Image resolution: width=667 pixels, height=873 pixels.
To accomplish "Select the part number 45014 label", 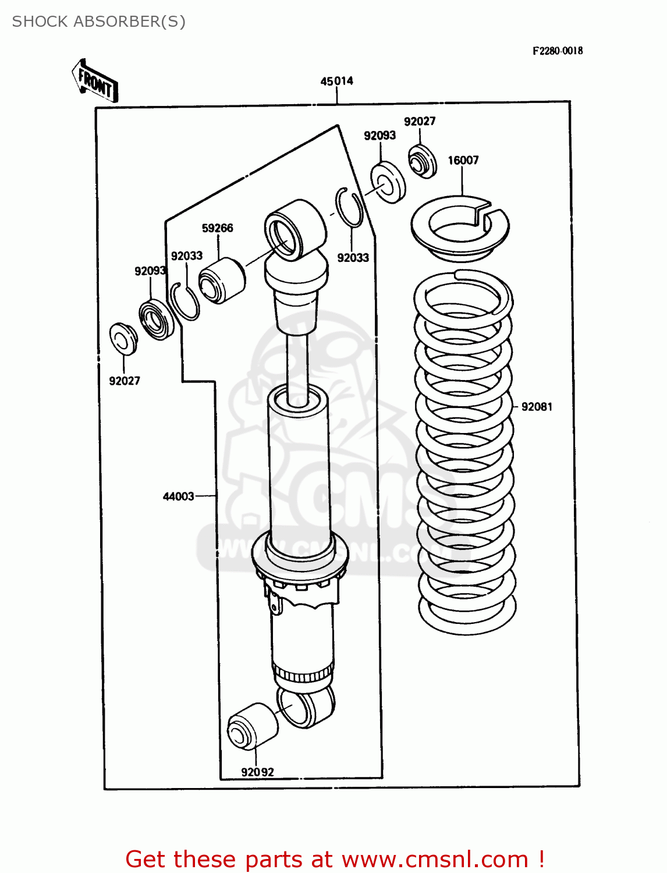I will pyautogui.click(x=336, y=81).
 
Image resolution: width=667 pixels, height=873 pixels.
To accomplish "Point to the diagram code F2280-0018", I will pyautogui.click(x=557, y=51).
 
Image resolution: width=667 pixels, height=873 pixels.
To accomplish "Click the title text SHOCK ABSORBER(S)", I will pyautogui.click(x=98, y=22).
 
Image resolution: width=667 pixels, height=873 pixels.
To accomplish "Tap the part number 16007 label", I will pyautogui.click(x=463, y=160).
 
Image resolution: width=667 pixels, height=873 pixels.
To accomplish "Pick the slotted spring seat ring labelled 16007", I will pyautogui.click(x=460, y=226).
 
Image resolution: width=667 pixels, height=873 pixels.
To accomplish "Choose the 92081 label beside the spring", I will pyautogui.click(x=536, y=407).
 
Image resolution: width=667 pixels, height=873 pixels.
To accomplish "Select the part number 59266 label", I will pyautogui.click(x=217, y=228).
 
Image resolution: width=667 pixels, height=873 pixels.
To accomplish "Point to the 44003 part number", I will pyautogui.click(x=178, y=496).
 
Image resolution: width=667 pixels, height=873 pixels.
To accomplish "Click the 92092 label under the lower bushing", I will pyautogui.click(x=257, y=772).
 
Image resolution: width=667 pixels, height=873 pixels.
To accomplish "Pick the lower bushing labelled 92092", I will pyautogui.click(x=251, y=726).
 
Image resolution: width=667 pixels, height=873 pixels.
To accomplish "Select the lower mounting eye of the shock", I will pyautogui.click(x=306, y=706).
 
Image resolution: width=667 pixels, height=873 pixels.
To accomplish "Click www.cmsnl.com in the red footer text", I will pyautogui.click(x=434, y=859).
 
